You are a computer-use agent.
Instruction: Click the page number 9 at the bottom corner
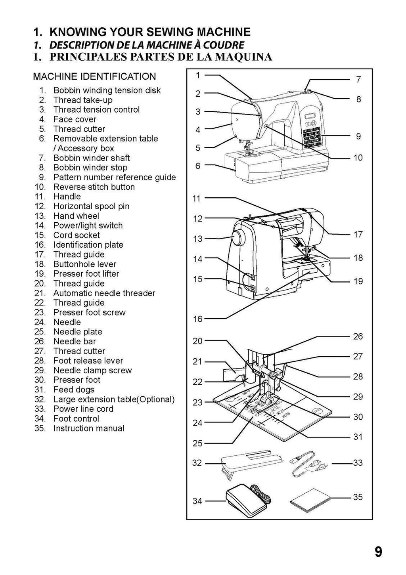click(378, 552)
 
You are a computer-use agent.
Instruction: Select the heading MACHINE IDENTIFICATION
click(94, 76)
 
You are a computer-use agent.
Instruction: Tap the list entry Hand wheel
click(76, 216)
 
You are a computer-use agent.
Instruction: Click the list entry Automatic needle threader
click(104, 293)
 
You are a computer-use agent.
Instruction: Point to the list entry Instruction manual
click(88, 428)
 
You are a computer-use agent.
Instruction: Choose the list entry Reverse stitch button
click(94, 187)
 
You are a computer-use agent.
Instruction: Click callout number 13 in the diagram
click(197, 239)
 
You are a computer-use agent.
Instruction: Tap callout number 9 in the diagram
click(358, 136)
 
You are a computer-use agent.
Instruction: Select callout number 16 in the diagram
click(197, 319)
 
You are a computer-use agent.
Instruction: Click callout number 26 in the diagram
click(358, 336)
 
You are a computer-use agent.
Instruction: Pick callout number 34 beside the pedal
click(197, 501)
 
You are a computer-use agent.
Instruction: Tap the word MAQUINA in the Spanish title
click(243, 57)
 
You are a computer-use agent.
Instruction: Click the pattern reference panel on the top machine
click(312, 135)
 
